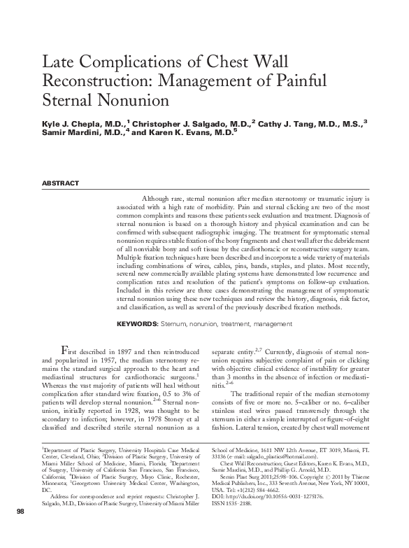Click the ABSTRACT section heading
click(x=61, y=183)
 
